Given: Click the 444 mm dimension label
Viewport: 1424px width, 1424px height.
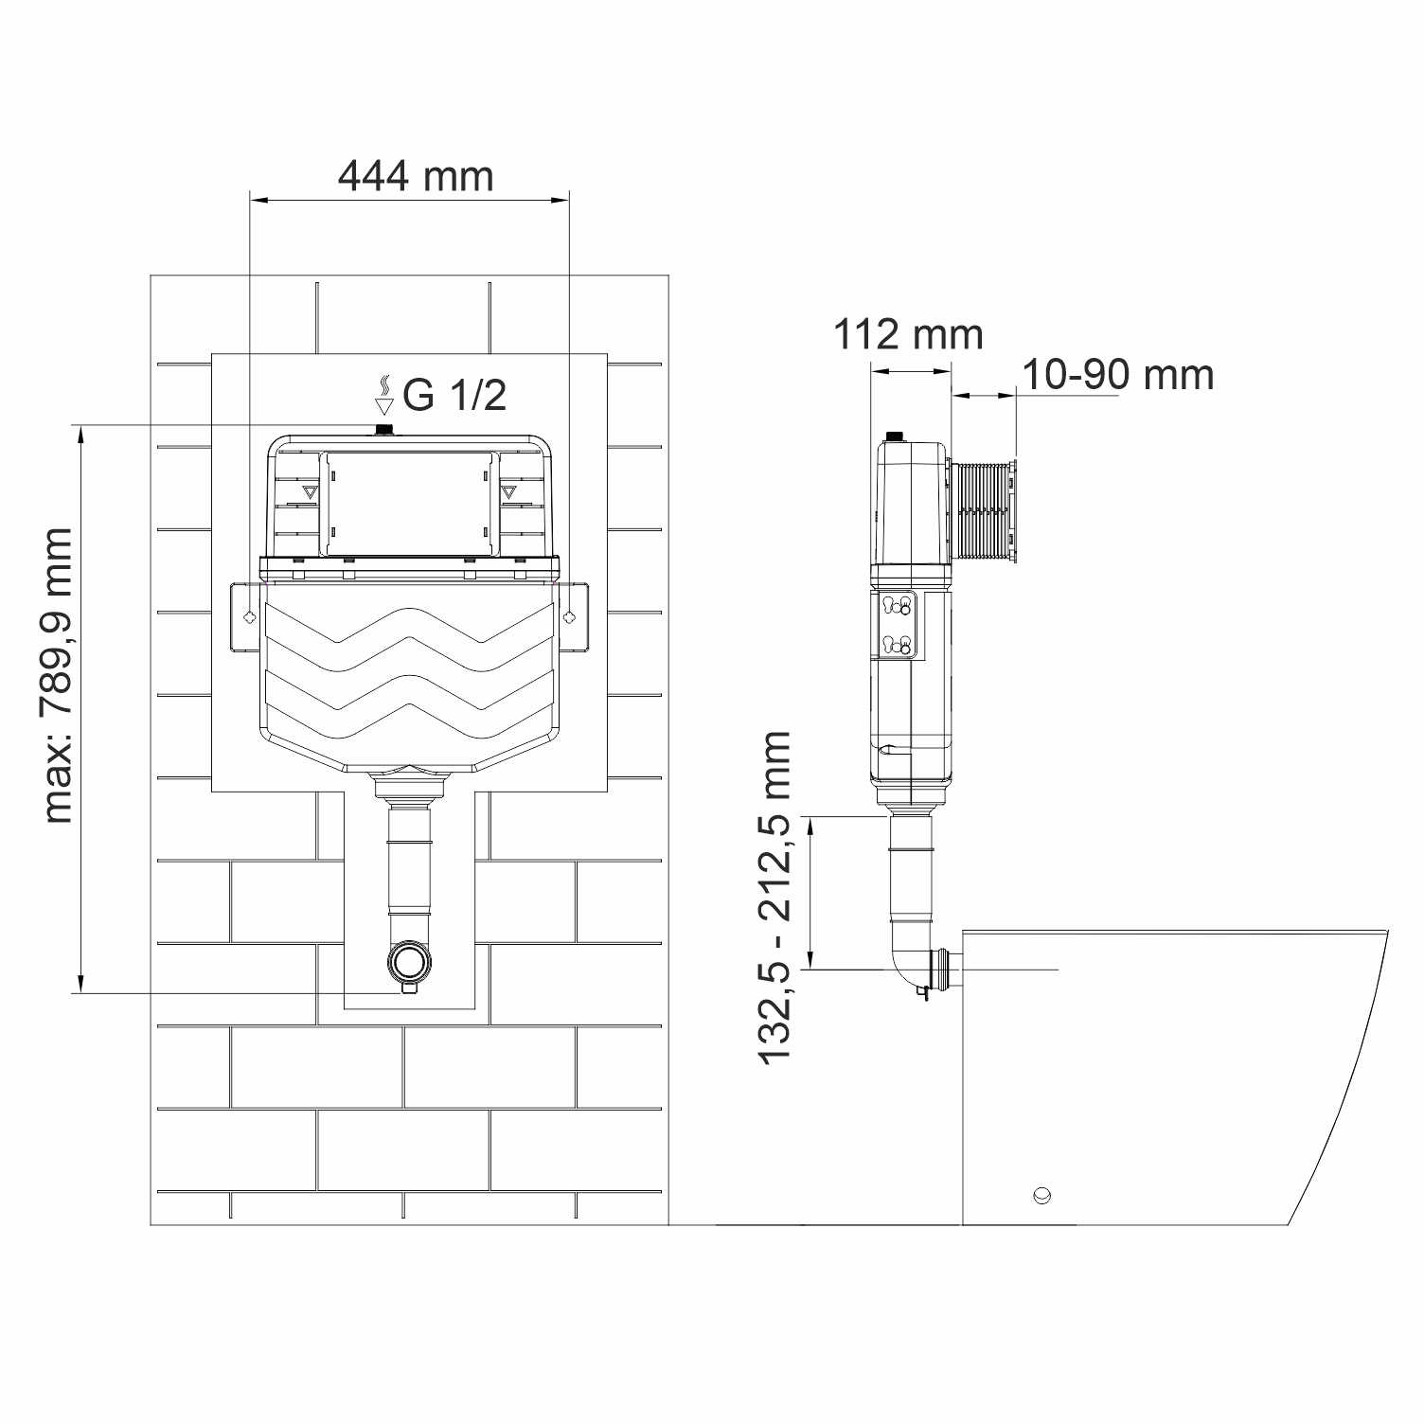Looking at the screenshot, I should click(416, 176).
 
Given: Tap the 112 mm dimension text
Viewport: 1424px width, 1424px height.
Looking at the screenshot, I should click(908, 334).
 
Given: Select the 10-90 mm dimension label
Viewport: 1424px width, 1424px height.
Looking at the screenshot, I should click(1117, 375).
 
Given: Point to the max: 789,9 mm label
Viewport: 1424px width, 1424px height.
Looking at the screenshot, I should click(58, 675).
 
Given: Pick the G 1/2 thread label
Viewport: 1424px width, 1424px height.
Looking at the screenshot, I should click(454, 396).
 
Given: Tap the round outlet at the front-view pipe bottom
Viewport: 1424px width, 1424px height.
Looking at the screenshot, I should click(409, 963).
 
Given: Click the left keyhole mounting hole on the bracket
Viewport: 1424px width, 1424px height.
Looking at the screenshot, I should click(248, 617).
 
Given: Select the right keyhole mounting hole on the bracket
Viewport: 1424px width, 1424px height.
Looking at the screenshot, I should click(568, 617).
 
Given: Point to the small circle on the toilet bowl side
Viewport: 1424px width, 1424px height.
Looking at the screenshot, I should click(1042, 1194).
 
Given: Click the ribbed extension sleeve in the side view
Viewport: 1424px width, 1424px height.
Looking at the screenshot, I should click(982, 513).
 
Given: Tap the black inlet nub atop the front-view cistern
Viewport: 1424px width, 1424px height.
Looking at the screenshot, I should click(384, 431).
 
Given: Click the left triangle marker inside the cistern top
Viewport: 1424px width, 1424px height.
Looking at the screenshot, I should click(309, 493).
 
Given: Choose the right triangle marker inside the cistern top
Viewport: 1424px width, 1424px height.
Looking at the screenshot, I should click(509, 493).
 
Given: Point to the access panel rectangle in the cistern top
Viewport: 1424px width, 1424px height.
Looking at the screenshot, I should click(409, 504).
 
